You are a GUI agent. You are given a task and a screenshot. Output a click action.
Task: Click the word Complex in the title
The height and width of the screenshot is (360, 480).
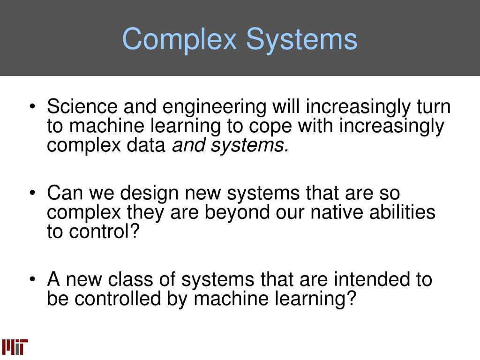(180, 39)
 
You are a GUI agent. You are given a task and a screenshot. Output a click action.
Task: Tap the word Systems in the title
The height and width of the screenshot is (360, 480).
(302, 39)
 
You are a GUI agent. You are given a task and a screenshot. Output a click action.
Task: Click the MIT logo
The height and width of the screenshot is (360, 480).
(15, 346)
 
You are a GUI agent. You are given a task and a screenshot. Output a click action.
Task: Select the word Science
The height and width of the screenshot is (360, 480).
(82, 107)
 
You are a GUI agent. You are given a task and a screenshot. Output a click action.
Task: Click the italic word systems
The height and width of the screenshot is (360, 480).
(249, 146)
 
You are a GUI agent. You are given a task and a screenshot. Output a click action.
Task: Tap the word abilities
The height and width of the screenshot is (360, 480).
(401, 212)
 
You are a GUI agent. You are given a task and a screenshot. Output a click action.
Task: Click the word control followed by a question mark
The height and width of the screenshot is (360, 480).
(99, 232)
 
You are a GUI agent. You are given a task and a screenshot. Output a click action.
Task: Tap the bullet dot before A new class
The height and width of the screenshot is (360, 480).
(32, 280)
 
